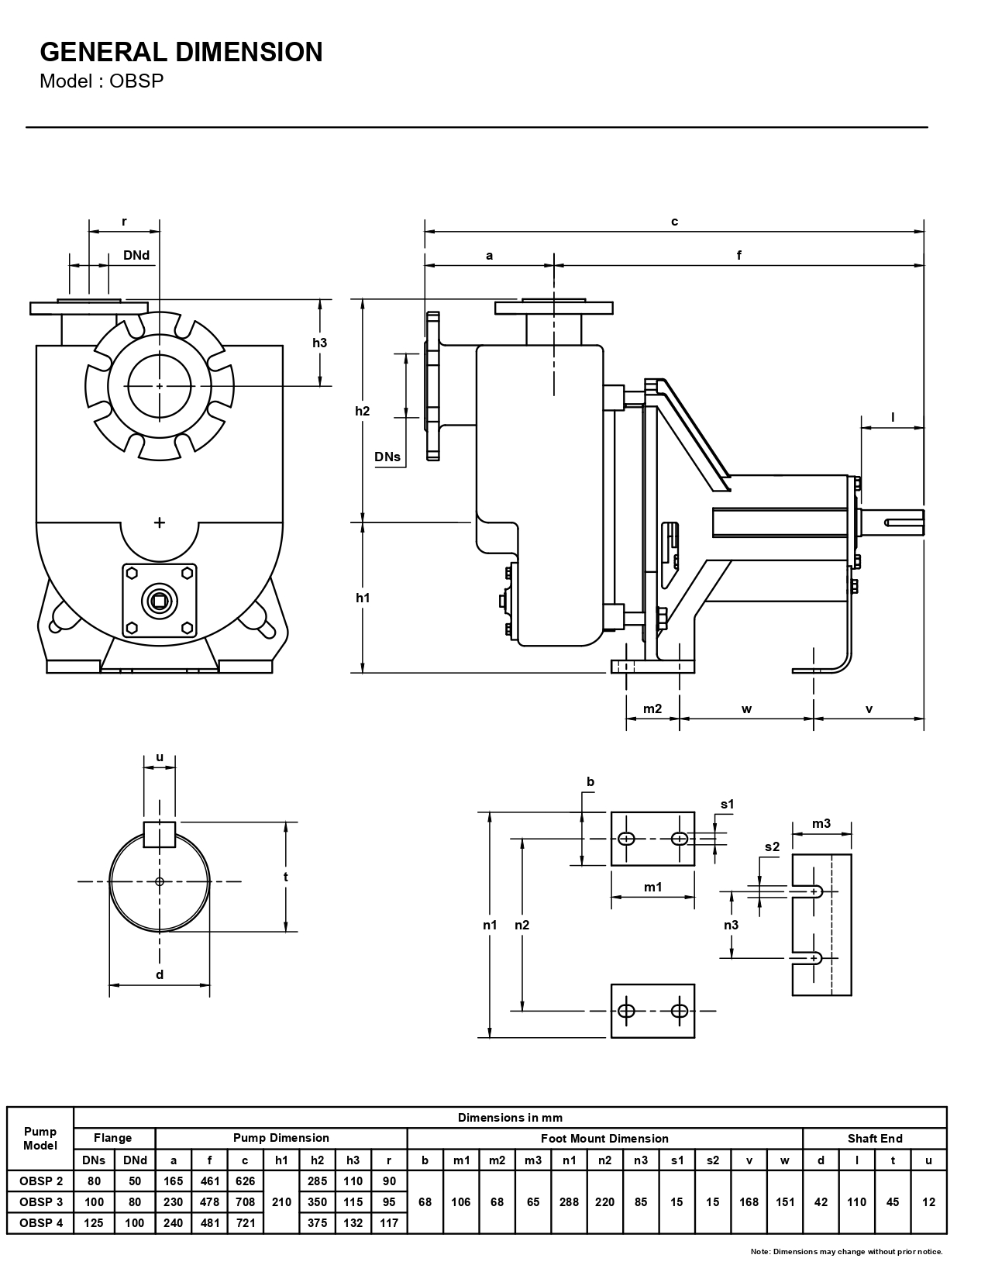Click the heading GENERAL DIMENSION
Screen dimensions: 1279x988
pos(181,52)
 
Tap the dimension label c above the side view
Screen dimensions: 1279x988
pos(674,222)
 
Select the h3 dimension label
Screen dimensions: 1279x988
pos(319,342)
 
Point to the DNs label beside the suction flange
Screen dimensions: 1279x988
pos(387,457)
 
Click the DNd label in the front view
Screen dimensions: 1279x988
pos(136,255)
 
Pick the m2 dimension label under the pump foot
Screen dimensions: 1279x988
pos(652,708)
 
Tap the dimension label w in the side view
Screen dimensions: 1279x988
pos(746,708)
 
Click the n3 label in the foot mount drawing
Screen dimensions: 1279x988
pos(731,924)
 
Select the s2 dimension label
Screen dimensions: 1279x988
pos(772,846)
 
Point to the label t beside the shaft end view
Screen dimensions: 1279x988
pos(286,877)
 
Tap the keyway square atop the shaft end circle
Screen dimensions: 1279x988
pos(160,833)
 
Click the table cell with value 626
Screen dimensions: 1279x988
pos(245,1181)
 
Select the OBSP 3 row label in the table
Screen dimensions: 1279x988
pos(40,1202)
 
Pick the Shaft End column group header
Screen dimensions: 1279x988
pos(875,1139)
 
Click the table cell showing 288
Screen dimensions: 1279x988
pos(569,1202)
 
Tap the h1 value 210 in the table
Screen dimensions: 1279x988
pos(281,1202)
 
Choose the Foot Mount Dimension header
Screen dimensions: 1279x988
pos(604,1139)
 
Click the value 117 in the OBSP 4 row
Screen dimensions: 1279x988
pos(389,1223)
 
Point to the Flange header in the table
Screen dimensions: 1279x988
pos(113,1139)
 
